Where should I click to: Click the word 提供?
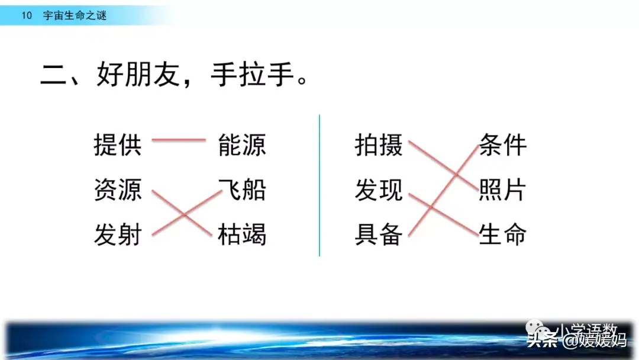click(118, 144)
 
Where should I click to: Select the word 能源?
click(242, 144)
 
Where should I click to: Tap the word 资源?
click(118, 189)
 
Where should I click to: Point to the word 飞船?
click(242, 189)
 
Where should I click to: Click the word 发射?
click(118, 234)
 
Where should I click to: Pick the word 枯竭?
click(242, 234)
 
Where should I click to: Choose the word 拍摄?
click(379, 144)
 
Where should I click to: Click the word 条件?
click(502, 144)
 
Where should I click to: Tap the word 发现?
click(379, 189)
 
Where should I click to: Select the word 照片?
click(502, 189)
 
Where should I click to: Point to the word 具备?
click(379, 234)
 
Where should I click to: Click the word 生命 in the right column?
click(502, 234)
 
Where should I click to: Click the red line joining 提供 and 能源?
click(179, 140)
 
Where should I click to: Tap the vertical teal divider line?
click(319, 185)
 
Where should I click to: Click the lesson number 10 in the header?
click(27, 15)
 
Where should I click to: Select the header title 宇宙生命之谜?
click(75, 15)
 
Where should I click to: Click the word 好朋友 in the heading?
click(138, 75)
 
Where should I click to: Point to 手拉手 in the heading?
click(253, 75)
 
